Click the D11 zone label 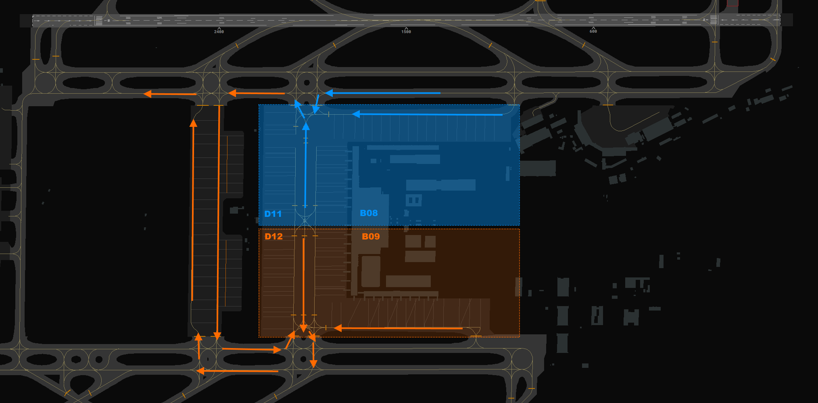pos(273,214)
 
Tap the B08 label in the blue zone pos(369,213)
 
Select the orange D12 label pos(273,237)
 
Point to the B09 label pos(371,237)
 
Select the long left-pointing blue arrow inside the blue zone pos(427,114)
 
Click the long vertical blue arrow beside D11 pos(306,165)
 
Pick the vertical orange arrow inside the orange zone pos(303,285)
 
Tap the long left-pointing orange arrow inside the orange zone pos(398,328)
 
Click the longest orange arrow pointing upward pos(193,210)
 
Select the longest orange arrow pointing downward pos(218,222)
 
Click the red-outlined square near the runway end pos(732,3)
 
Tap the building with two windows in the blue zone pos(413,200)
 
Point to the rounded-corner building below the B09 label pos(371,271)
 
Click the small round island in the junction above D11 pos(307,83)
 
